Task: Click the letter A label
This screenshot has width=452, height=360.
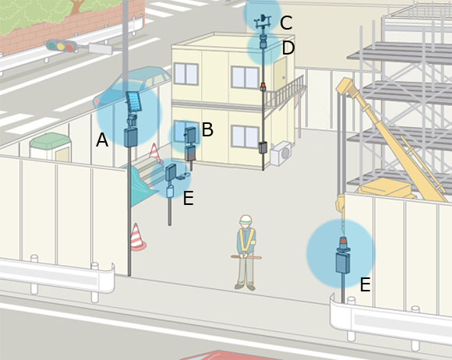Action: pos(102,140)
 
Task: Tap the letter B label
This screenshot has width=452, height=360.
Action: pos(207,129)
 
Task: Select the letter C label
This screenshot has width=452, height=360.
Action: pos(286,23)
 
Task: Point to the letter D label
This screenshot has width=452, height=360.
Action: pos(288,48)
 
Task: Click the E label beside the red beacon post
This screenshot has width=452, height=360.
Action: pos(365,284)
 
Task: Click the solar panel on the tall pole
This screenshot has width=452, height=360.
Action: pos(134,101)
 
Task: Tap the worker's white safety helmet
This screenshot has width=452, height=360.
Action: pos(245,219)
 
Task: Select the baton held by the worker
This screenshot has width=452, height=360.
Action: pos(246,257)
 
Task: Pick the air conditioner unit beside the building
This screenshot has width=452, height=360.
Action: pos(281,154)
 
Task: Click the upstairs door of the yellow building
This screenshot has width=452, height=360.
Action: pos(280,74)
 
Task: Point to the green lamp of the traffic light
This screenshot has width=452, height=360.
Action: pos(52,45)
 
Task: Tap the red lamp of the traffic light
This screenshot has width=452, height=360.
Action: pos(70,48)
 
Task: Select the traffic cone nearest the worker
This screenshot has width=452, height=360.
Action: pos(136,236)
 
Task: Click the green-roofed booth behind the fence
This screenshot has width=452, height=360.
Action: pos(51,147)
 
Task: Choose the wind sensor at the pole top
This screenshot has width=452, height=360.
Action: pos(263,21)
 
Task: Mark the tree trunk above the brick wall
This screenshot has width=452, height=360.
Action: pos(77,7)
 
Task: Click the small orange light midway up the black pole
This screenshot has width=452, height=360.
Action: pos(263,86)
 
